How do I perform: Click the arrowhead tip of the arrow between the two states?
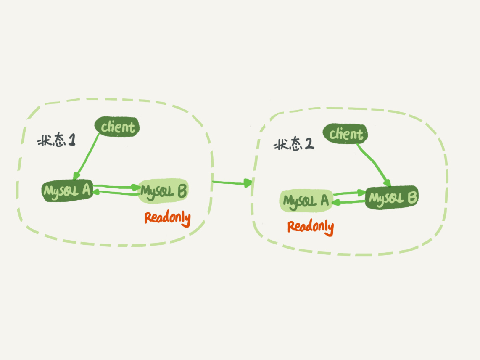pyautogui.click(x=252, y=183)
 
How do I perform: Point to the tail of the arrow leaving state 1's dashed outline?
pyautogui.click(x=212, y=182)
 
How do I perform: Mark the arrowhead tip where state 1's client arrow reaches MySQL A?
pyautogui.click(x=75, y=179)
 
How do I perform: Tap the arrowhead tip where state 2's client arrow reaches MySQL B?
pyautogui.click(x=390, y=186)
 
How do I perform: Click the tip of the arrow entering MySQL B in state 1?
pyautogui.click(x=140, y=187)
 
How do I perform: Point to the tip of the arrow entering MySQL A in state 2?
pyautogui.click(x=332, y=203)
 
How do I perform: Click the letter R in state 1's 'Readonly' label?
pyautogui.click(x=148, y=217)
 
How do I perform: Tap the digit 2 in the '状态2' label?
pyautogui.click(x=309, y=143)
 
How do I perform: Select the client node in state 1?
pyautogui.click(x=117, y=127)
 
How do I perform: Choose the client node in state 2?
pyautogui.click(x=345, y=134)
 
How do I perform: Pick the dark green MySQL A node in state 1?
pyautogui.click(x=67, y=190)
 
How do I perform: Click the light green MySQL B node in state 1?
pyautogui.click(x=163, y=191)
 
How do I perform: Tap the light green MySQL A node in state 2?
pyautogui.click(x=306, y=201)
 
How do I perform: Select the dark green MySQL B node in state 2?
pyautogui.click(x=392, y=197)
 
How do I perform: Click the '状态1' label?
pyautogui.click(x=56, y=140)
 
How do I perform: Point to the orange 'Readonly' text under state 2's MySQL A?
pyautogui.click(x=311, y=227)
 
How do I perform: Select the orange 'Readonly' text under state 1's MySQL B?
pyautogui.click(x=167, y=218)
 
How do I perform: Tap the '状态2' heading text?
pyautogui.click(x=294, y=144)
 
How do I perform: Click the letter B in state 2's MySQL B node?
pyautogui.click(x=412, y=198)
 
